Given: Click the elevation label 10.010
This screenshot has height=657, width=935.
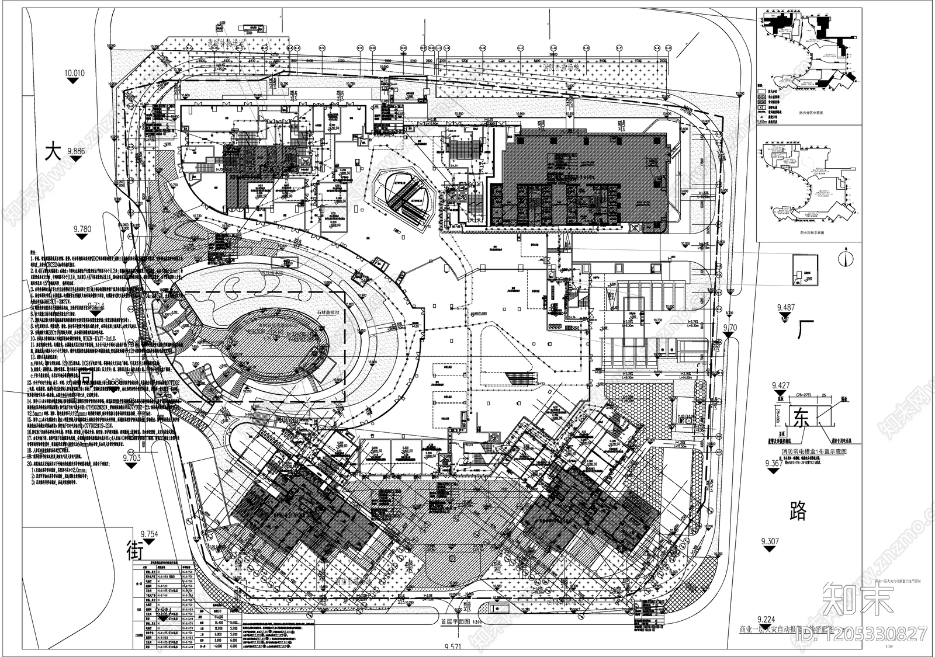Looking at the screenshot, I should click(74, 73).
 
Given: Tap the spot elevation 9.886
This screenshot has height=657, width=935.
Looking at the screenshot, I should click(81, 151).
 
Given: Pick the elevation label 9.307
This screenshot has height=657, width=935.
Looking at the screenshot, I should click(770, 541).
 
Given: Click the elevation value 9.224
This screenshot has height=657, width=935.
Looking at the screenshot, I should click(766, 619).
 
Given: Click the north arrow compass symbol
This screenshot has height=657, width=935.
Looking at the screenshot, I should click(845, 256).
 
